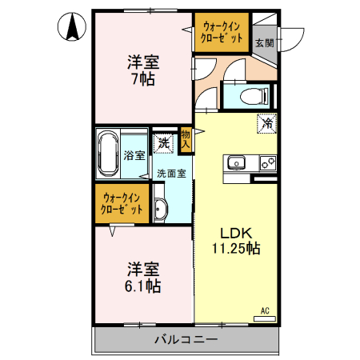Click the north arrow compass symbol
(73, 30)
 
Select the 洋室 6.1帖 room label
(142, 276)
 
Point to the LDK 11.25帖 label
(235, 241)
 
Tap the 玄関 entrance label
(264, 42)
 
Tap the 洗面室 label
(171, 173)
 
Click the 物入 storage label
(186, 140)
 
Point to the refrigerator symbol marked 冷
(266, 123)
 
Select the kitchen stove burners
(267, 163)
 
